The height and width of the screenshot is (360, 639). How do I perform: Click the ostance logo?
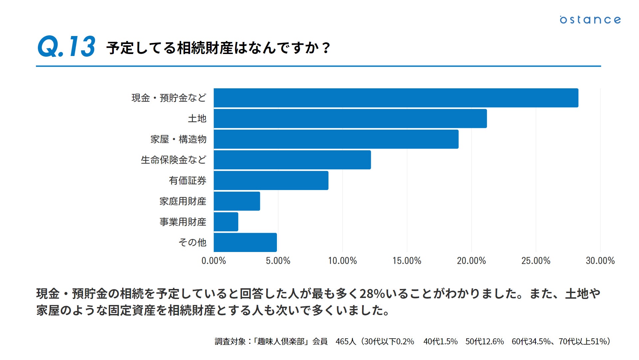(x=590, y=20)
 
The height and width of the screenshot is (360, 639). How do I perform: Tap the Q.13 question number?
(x=67, y=47)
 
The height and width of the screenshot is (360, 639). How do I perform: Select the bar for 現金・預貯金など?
(x=396, y=98)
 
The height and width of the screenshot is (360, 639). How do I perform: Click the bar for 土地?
(x=350, y=119)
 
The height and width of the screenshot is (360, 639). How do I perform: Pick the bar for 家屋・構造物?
(x=336, y=139)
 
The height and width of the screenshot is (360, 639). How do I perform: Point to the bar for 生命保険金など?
(x=292, y=160)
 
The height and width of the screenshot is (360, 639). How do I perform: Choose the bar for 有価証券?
(x=271, y=181)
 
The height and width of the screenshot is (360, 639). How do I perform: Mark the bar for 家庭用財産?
(x=237, y=201)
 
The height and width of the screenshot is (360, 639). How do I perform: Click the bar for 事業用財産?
(x=226, y=222)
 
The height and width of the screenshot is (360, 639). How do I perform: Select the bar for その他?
(x=245, y=243)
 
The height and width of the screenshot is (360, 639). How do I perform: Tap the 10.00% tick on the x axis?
(x=342, y=261)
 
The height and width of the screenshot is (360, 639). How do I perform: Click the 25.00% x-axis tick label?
(x=536, y=261)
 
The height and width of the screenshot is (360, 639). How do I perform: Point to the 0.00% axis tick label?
(x=214, y=261)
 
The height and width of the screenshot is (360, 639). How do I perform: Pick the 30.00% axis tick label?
(x=600, y=261)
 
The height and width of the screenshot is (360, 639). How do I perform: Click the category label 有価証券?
(x=188, y=181)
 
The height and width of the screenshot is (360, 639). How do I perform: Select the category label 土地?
(x=197, y=119)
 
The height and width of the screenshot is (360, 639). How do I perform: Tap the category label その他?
(x=192, y=243)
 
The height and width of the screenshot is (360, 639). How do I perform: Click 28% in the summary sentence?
(x=372, y=294)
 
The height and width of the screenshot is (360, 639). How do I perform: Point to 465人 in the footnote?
(x=345, y=342)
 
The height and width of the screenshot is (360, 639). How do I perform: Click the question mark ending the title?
(x=326, y=48)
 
